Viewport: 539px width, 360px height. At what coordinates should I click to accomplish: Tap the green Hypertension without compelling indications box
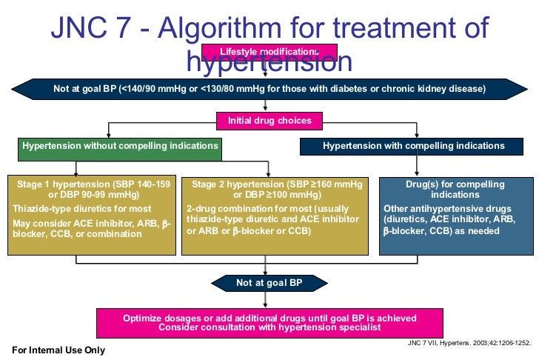121,146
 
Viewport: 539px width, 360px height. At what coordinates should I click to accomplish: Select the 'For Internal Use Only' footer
58,350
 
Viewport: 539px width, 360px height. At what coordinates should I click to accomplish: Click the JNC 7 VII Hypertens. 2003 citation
469,344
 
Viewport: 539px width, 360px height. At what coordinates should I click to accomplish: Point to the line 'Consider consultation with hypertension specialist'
269,327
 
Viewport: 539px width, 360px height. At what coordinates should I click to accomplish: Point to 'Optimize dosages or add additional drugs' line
269,318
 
